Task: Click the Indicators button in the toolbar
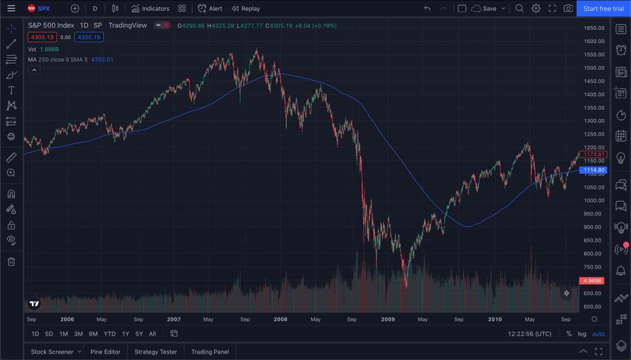150,8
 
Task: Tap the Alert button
210,8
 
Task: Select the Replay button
245,8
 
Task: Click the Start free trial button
603,8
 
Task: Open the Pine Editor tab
105,352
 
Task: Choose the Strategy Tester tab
156,352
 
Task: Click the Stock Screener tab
52,352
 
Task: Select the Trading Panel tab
210,352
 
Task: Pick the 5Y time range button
139,334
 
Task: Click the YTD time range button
109,334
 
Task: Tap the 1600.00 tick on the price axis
594,41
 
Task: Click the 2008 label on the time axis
280,319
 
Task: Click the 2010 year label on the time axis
495,319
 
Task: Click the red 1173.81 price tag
594,154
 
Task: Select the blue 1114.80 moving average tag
594,170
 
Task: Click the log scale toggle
582,334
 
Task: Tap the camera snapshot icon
568,8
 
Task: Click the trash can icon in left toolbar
11,261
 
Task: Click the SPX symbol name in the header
44,8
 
